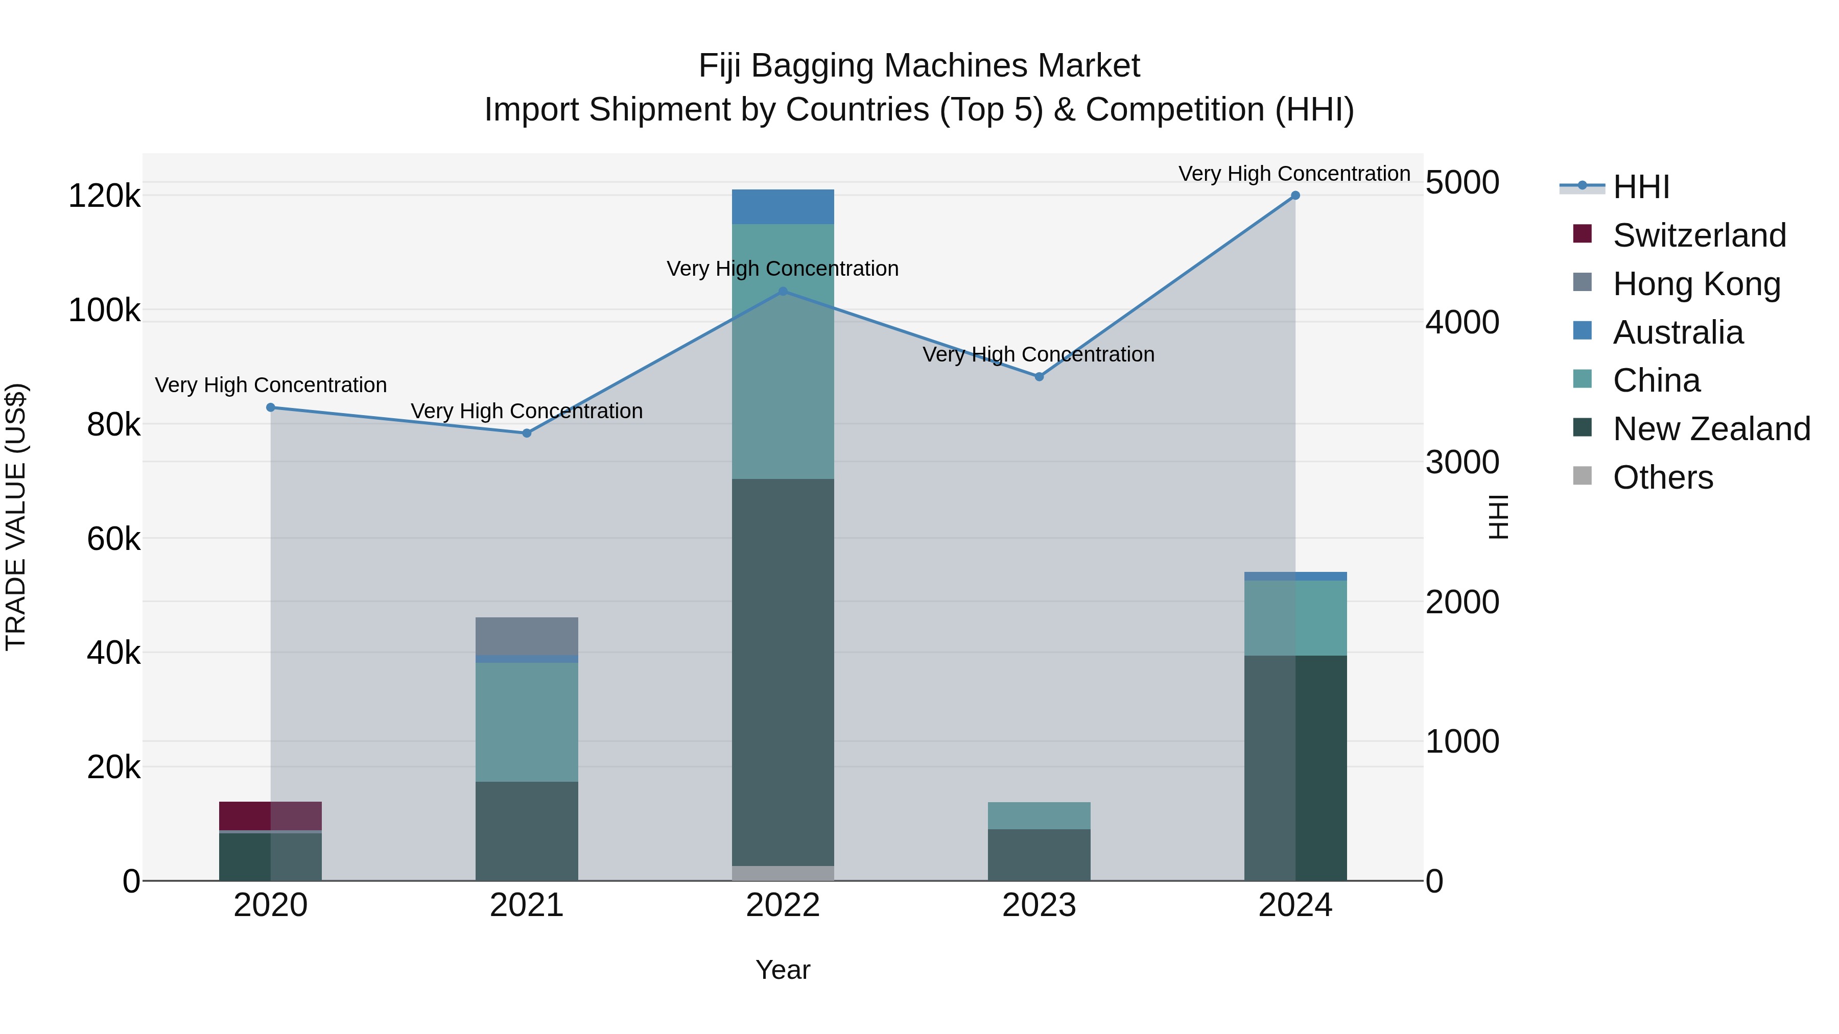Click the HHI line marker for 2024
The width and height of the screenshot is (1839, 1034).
point(1295,196)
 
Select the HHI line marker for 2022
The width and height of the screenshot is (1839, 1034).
point(783,291)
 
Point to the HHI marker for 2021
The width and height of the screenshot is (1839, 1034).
point(527,433)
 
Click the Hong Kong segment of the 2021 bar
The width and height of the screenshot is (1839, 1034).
point(527,636)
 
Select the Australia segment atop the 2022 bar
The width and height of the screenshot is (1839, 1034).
point(783,207)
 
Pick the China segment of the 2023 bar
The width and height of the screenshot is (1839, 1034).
point(1039,815)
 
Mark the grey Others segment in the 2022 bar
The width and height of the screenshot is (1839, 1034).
point(783,873)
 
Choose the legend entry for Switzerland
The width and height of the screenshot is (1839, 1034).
point(1699,235)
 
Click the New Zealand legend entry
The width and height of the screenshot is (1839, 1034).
point(1711,429)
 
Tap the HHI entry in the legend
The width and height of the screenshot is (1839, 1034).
point(1640,187)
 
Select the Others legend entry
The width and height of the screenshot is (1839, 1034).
point(1663,477)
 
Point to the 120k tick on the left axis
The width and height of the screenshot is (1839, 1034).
point(104,196)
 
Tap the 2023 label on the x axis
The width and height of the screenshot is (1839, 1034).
point(1039,905)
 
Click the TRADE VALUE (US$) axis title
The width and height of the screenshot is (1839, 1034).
point(16,517)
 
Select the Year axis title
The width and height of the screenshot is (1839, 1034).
point(783,970)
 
